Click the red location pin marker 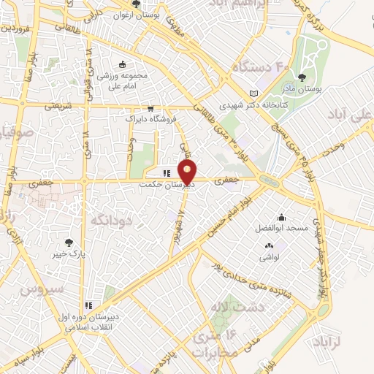[x=188, y=172]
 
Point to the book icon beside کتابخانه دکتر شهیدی [x=254, y=94]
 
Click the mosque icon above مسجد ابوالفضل [x=281, y=217]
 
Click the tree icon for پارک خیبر [x=69, y=242]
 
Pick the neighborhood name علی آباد [x=354, y=117]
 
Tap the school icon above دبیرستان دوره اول [x=89, y=305]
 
